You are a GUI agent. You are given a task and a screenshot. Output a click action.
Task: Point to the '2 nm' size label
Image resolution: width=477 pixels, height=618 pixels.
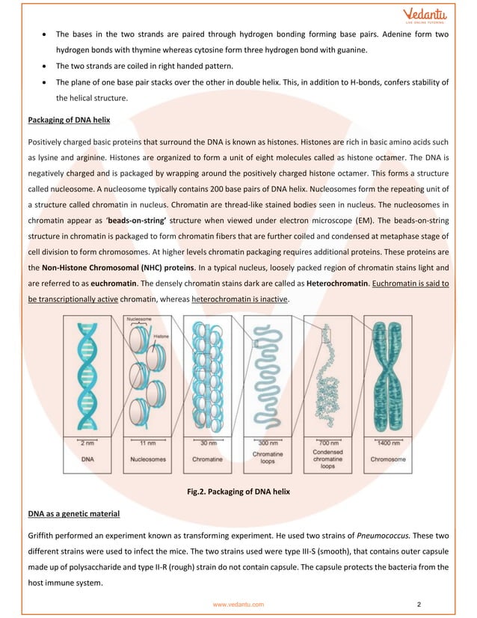[88, 444]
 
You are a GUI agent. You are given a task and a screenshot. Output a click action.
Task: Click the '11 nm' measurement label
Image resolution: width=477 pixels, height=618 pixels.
[147, 444]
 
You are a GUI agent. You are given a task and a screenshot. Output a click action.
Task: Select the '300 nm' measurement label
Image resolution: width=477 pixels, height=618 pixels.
[266, 444]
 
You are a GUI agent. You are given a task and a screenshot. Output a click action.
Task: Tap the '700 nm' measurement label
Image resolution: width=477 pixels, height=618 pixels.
[325, 444]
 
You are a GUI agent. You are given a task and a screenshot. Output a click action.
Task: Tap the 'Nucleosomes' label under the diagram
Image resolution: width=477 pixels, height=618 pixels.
[147, 458]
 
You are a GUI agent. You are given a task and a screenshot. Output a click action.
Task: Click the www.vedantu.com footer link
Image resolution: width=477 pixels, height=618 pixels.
[238, 603]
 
